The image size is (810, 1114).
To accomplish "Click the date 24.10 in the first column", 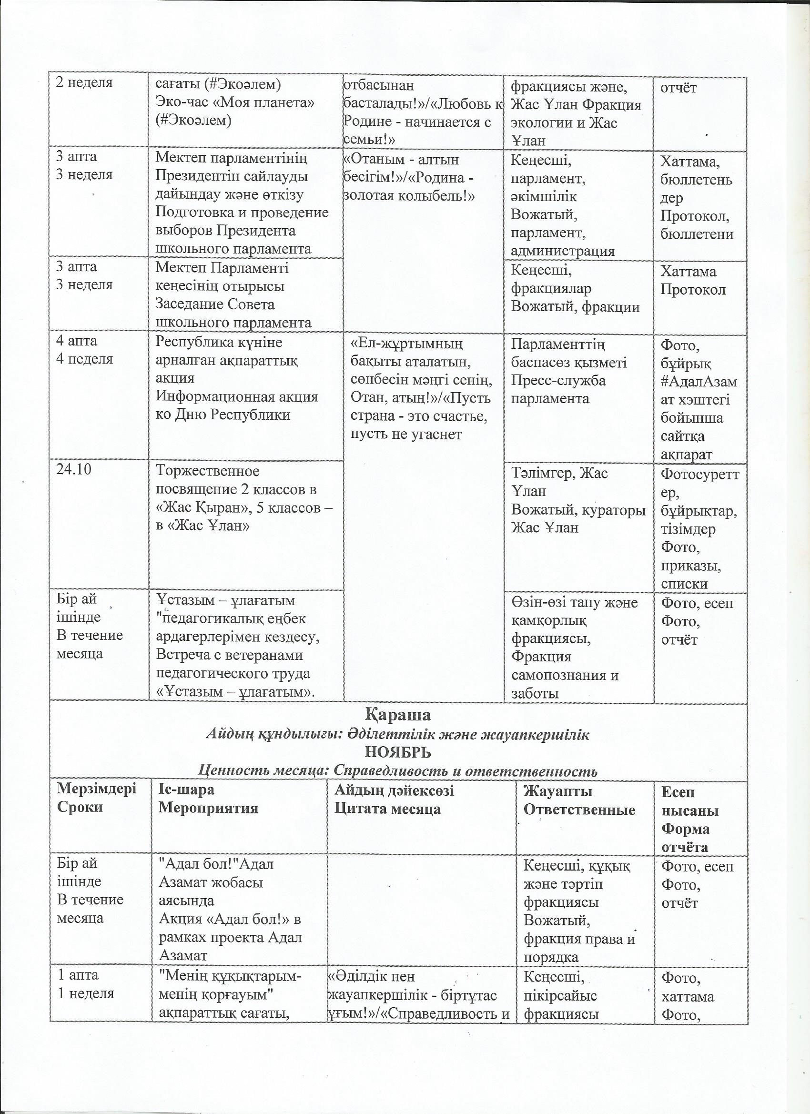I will (x=74, y=471).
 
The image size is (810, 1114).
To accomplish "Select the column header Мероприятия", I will (x=208, y=809).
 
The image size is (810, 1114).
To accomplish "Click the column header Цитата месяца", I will (x=387, y=809).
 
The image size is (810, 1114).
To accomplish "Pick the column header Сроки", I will (x=80, y=808).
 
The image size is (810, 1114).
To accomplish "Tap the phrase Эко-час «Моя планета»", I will (x=234, y=102).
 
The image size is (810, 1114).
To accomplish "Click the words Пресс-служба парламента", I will (x=558, y=389).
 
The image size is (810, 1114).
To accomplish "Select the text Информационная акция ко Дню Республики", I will (x=236, y=405).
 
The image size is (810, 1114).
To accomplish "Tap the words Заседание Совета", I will (x=215, y=304).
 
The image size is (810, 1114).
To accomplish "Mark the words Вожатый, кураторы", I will (x=577, y=510).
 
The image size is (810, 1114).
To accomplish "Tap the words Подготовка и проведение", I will (x=242, y=213).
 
